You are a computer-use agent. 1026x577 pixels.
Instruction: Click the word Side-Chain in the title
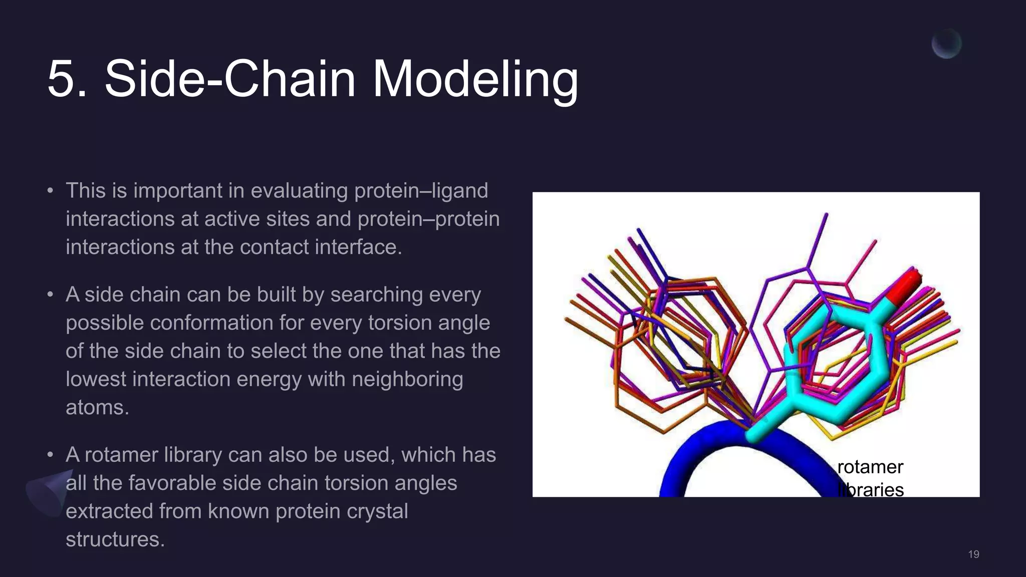[229, 79]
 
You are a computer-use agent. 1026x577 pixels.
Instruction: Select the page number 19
[973, 554]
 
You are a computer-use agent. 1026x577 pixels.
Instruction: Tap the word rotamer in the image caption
[870, 467]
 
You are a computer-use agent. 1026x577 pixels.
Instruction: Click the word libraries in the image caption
[872, 490]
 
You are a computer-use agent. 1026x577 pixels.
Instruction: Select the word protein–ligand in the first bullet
[421, 191]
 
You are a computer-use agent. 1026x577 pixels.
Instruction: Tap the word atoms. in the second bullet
[97, 407]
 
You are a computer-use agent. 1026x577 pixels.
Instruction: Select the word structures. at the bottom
[115, 539]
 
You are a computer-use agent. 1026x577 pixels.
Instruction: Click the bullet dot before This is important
[50, 191]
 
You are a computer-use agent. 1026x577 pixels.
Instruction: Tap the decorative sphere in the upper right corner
[946, 44]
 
